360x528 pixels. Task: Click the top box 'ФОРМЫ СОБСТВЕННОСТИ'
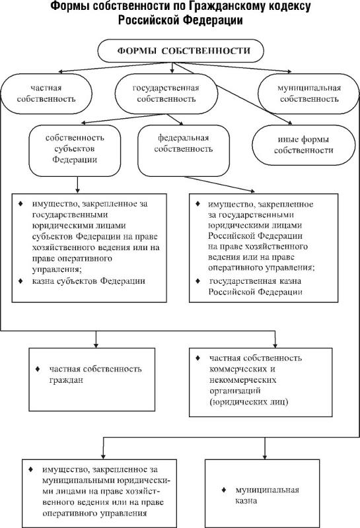point(181,51)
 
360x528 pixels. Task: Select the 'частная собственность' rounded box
point(46,94)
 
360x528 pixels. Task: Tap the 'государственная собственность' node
point(166,94)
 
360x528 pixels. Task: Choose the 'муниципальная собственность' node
point(308,94)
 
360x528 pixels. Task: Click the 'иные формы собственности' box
point(304,145)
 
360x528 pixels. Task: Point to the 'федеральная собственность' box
point(184,150)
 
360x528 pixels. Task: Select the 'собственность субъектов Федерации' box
point(75,150)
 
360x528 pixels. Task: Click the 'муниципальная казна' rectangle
point(262,494)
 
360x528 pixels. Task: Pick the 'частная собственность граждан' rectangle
point(92,379)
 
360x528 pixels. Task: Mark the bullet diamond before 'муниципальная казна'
point(224,490)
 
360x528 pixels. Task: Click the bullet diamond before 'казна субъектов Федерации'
point(21,280)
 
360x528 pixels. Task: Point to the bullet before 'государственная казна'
point(198,280)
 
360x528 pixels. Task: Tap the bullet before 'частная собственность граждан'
point(38,369)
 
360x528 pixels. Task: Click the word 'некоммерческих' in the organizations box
point(242,380)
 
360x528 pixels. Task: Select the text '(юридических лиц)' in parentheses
point(249,402)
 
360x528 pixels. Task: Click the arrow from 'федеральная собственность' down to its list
point(219,184)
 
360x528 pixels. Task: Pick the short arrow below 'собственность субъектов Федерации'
point(77,185)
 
